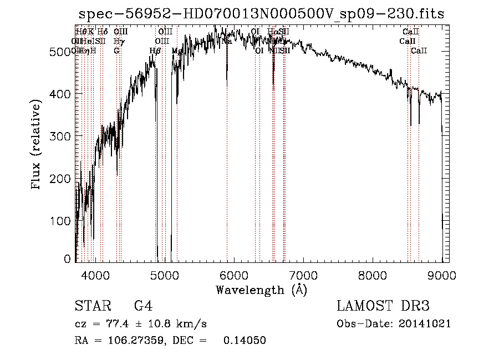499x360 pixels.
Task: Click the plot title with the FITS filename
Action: [x=262, y=14]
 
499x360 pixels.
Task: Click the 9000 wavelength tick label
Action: [x=442, y=275]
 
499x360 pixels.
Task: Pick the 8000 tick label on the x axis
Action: [x=373, y=275]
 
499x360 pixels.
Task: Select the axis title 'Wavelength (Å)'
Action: [x=261, y=290]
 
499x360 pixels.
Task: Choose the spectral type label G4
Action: [x=143, y=306]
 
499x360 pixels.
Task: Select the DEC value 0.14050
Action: [x=245, y=341]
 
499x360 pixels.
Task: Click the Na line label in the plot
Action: [x=227, y=41]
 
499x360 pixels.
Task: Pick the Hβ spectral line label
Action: [x=155, y=51]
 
